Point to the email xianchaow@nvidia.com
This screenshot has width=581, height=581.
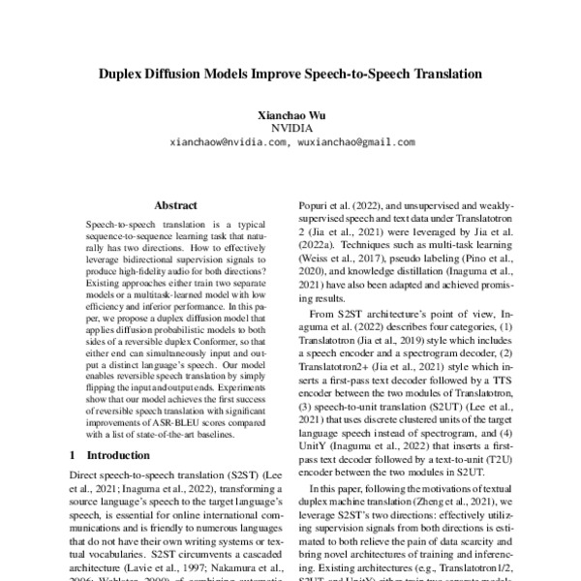229,141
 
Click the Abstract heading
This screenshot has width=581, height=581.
175,205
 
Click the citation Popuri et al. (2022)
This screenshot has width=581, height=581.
334,206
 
